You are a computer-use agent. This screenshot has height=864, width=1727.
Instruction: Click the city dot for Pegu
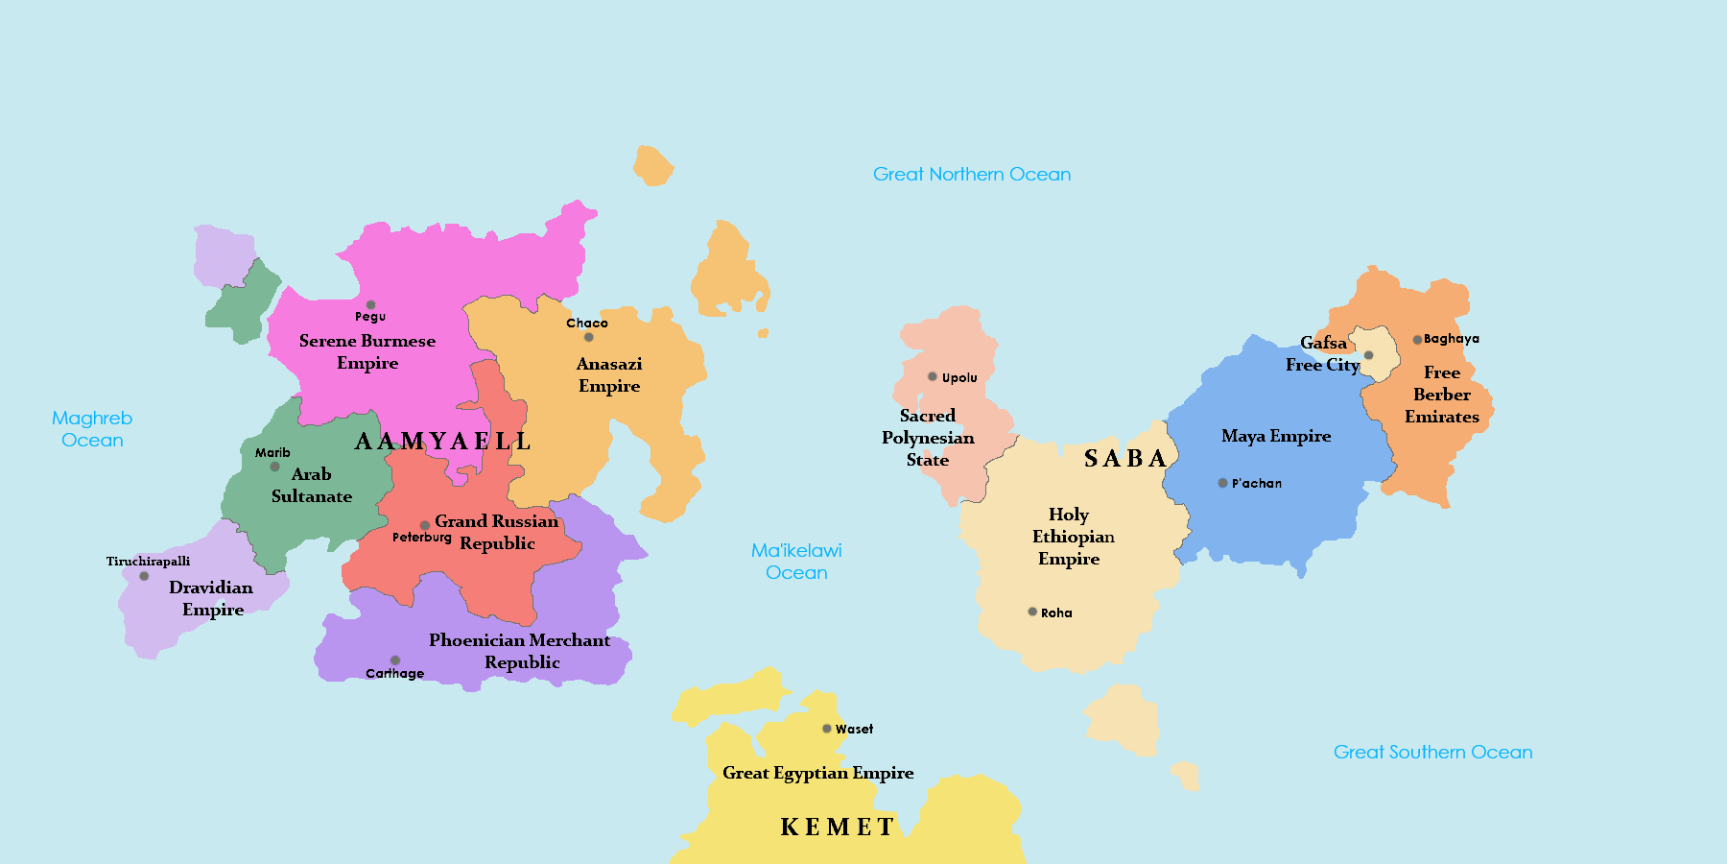[370, 305]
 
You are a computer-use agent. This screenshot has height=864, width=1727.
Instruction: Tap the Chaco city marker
[588, 337]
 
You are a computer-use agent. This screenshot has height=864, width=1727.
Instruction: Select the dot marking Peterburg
[425, 525]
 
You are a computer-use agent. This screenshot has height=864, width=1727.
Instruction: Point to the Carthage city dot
[394, 660]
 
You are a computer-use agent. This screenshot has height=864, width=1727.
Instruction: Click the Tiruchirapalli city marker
[144, 576]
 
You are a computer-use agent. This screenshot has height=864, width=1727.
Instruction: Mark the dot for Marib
[274, 467]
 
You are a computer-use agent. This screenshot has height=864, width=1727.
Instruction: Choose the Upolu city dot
[932, 376]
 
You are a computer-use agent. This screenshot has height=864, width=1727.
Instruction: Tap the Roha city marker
[1032, 612]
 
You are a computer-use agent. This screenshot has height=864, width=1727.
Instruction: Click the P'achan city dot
[1222, 483]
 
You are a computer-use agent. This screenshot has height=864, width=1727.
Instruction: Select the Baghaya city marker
[1417, 339]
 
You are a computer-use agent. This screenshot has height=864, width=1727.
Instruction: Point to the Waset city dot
[827, 729]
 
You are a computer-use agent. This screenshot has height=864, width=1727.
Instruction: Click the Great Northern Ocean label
[971, 174]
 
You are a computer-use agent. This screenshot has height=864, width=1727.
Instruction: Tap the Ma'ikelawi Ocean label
[796, 562]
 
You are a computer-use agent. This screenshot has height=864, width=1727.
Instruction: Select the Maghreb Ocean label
[92, 429]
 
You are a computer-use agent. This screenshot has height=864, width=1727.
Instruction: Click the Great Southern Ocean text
[1432, 752]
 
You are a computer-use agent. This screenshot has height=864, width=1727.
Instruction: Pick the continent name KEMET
[838, 827]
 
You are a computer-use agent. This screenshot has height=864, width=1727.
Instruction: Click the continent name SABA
[1125, 459]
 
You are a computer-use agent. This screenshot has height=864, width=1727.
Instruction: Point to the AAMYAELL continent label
[443, 442]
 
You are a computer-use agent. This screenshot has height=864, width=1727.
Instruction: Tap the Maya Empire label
[1276, 436]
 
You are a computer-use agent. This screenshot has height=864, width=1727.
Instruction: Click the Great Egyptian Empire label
[817, 773]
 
